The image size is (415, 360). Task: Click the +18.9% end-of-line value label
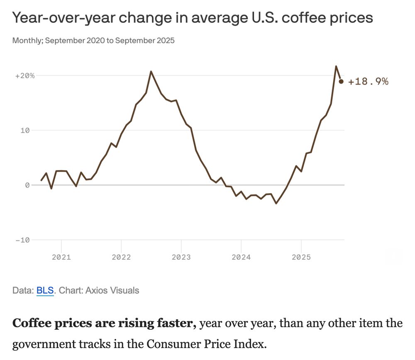click(x=368, y=82)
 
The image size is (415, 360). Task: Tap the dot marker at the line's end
click(x=341, y=81)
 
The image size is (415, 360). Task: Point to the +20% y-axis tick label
click(x=25, y=76)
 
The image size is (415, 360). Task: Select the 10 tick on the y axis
click(x=26, y=130)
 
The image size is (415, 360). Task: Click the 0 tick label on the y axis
click(x=27, y=185)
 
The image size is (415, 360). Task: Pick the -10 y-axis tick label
click(x=23, y=240)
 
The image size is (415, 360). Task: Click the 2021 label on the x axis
click(x=61, y=257)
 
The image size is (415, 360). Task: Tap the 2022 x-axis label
click(x=121, y=257)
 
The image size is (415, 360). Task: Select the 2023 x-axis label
click(x=181, y=257)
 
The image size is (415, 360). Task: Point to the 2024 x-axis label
click(x=241, y=257)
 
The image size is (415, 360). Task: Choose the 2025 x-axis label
click(x=301, y=257)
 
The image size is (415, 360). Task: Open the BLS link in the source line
click(x=45, y=290)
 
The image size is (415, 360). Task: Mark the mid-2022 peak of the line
click(x=151, y=71)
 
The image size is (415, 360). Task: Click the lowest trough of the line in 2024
click(x=276, y=203)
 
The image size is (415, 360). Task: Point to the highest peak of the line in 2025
click(x=336, y=66)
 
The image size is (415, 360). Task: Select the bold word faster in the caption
click(x=173, y=324)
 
